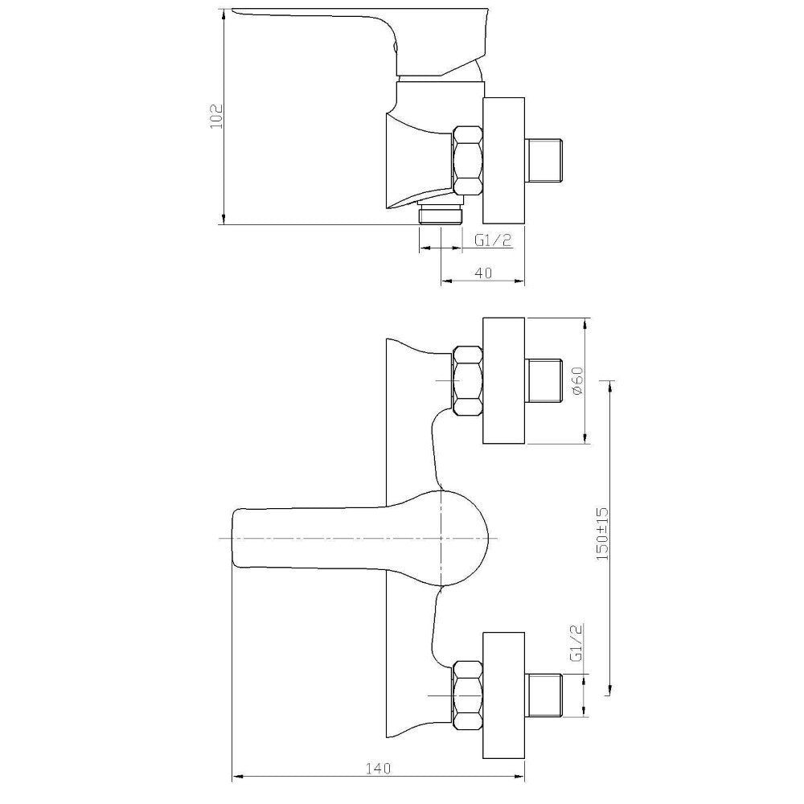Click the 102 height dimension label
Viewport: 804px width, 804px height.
pyautogui.click(x=216, y=117)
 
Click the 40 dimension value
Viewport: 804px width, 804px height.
pyautogui.click(x=483, y=273)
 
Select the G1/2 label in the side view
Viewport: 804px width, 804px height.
pyautogui.click(x=493, y=240)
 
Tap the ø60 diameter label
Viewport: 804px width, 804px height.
pyautogui.click(x=578, y=381)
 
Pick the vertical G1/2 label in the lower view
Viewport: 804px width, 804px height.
pyautogui.click(x=576, y=643)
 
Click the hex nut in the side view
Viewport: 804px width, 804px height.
pyautogui.click(x=467, y=161)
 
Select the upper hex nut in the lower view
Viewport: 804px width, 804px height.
pyautogui.click(x=467, y=380)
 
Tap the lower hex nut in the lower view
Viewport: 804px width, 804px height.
pyautogui.click(x=467, y=695)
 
